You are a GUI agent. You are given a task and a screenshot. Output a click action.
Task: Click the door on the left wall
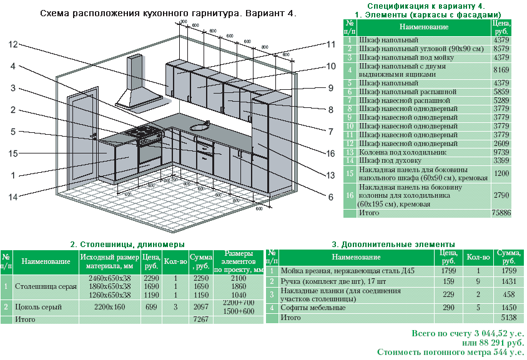(79, 136)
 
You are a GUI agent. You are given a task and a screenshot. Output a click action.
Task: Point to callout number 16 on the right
(331, 153)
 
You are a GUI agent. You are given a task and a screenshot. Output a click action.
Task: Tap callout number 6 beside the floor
(331, 197)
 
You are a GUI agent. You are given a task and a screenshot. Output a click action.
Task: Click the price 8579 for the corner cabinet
(501, 48)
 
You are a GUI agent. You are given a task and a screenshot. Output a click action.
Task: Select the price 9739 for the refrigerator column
(501, 152)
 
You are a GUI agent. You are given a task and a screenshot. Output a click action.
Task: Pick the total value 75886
(500, 213)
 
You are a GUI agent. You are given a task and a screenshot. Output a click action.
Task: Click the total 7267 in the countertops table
(201, 319)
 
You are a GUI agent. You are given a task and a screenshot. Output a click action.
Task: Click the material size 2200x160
(110, 307)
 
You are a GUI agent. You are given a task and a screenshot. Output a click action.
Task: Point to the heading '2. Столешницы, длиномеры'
(127, 244)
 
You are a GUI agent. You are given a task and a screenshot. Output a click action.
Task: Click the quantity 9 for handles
(478, 282)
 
